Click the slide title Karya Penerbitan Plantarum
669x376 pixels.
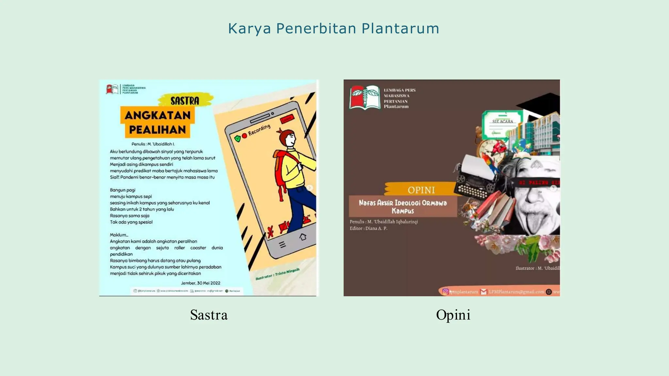334,28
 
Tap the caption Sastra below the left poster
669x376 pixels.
209,315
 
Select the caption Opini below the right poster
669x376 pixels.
453,315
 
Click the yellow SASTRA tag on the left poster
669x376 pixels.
185,100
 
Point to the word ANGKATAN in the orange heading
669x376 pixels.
157,115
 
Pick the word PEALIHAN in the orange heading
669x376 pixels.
157,130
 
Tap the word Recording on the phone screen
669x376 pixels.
259,130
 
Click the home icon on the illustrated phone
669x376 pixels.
303,237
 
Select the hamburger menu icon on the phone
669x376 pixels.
283,244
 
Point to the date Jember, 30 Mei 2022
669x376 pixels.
201,283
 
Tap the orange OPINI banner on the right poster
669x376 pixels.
421,190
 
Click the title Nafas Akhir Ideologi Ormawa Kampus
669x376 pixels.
403,207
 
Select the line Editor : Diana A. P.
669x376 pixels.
368,228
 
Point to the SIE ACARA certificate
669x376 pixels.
502,124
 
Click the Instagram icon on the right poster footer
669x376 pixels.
445,291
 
